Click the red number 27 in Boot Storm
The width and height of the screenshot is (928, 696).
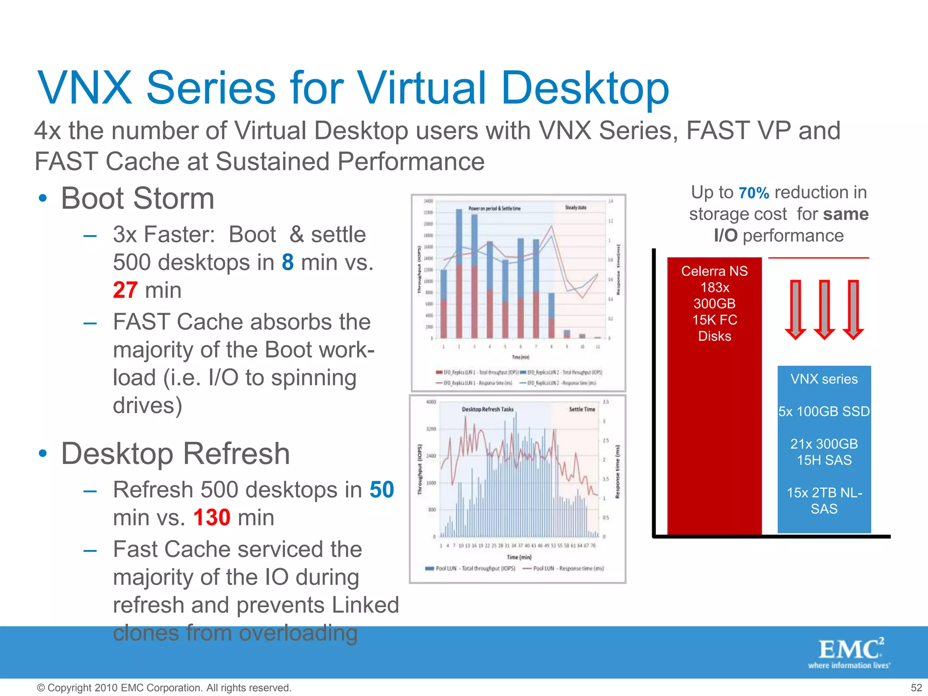(x=125, y=290)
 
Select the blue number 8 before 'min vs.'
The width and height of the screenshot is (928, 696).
(x=288, y=262)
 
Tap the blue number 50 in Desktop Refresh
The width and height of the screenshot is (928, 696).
(x=382, y=490)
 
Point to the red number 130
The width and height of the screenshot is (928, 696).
(x=212, y=517)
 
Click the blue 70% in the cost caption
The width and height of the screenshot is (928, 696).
(x=754, y=193)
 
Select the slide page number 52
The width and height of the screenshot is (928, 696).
(x=916, y=688)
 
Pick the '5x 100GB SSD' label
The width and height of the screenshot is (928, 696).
(x=824, y=411)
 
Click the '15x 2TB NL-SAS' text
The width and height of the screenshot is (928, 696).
(x=824, y=501)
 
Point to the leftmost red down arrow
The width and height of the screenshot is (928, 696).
(x=795, y=310)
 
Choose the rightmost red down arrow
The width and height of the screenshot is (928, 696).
(x=853, y=310)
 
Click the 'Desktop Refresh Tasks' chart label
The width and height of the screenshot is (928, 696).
(x=488, y=409)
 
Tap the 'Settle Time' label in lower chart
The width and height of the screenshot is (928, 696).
(x=582, y=409)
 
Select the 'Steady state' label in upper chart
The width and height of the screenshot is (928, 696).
(x=575, y=208)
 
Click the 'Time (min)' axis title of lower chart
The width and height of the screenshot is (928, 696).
(x=519, y=557)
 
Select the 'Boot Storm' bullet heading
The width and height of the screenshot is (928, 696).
(x=137, y=198)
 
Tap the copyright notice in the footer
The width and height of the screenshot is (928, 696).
(x=164, y=688)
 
